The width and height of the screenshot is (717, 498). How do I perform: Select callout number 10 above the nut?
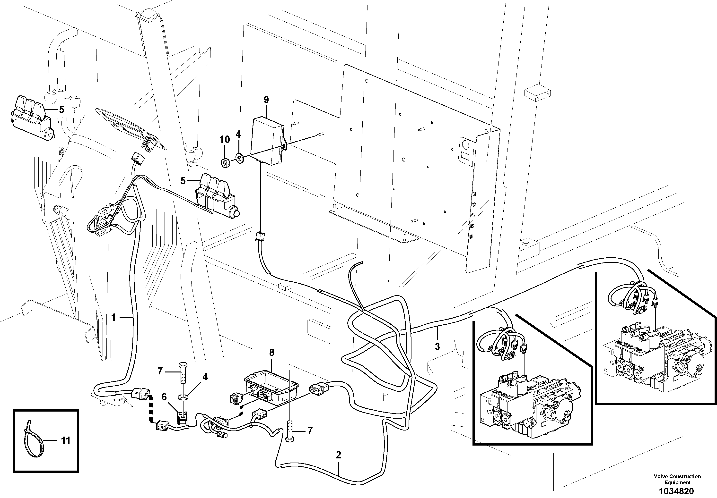pyautogui.click(x=225, y=139)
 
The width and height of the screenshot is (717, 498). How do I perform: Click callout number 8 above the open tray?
pyautogui.click(x=271, y=353)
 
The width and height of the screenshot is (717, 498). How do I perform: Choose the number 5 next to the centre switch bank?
pyautogui.click(x=183, y=180)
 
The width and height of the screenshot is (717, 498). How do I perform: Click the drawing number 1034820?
pyautogui.click(x=677, y=491)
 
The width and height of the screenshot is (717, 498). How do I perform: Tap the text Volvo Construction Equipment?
pyautogui.click(x=677, y=479)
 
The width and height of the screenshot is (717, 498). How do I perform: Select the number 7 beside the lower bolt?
pyautogui.click(x=310, y=431)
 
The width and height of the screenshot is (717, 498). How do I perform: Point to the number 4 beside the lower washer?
pyautogui.click(x=205, y=377)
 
